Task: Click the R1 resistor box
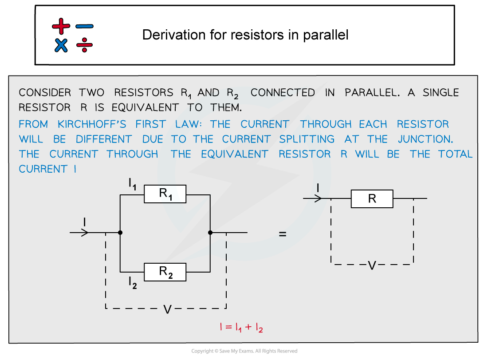point(165,194)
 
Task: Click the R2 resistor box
point(165,272)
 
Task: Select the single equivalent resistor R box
point(372,199)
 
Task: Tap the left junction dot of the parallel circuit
point(120,233)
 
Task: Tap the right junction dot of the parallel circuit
point(210,233)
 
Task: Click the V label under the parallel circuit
point(167,309)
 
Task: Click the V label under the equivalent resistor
point(372,265)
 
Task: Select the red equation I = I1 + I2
point(241,328)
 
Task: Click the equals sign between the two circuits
point(283,234)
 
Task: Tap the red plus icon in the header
point(61,26)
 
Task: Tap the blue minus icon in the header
point(84,27)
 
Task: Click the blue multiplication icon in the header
point(61,45)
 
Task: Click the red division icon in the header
point(84,45)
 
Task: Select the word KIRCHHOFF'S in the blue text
point(92,124)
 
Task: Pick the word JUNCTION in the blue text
point(425,139)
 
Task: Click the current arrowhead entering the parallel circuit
point(85,233)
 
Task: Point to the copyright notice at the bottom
point(244,351)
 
